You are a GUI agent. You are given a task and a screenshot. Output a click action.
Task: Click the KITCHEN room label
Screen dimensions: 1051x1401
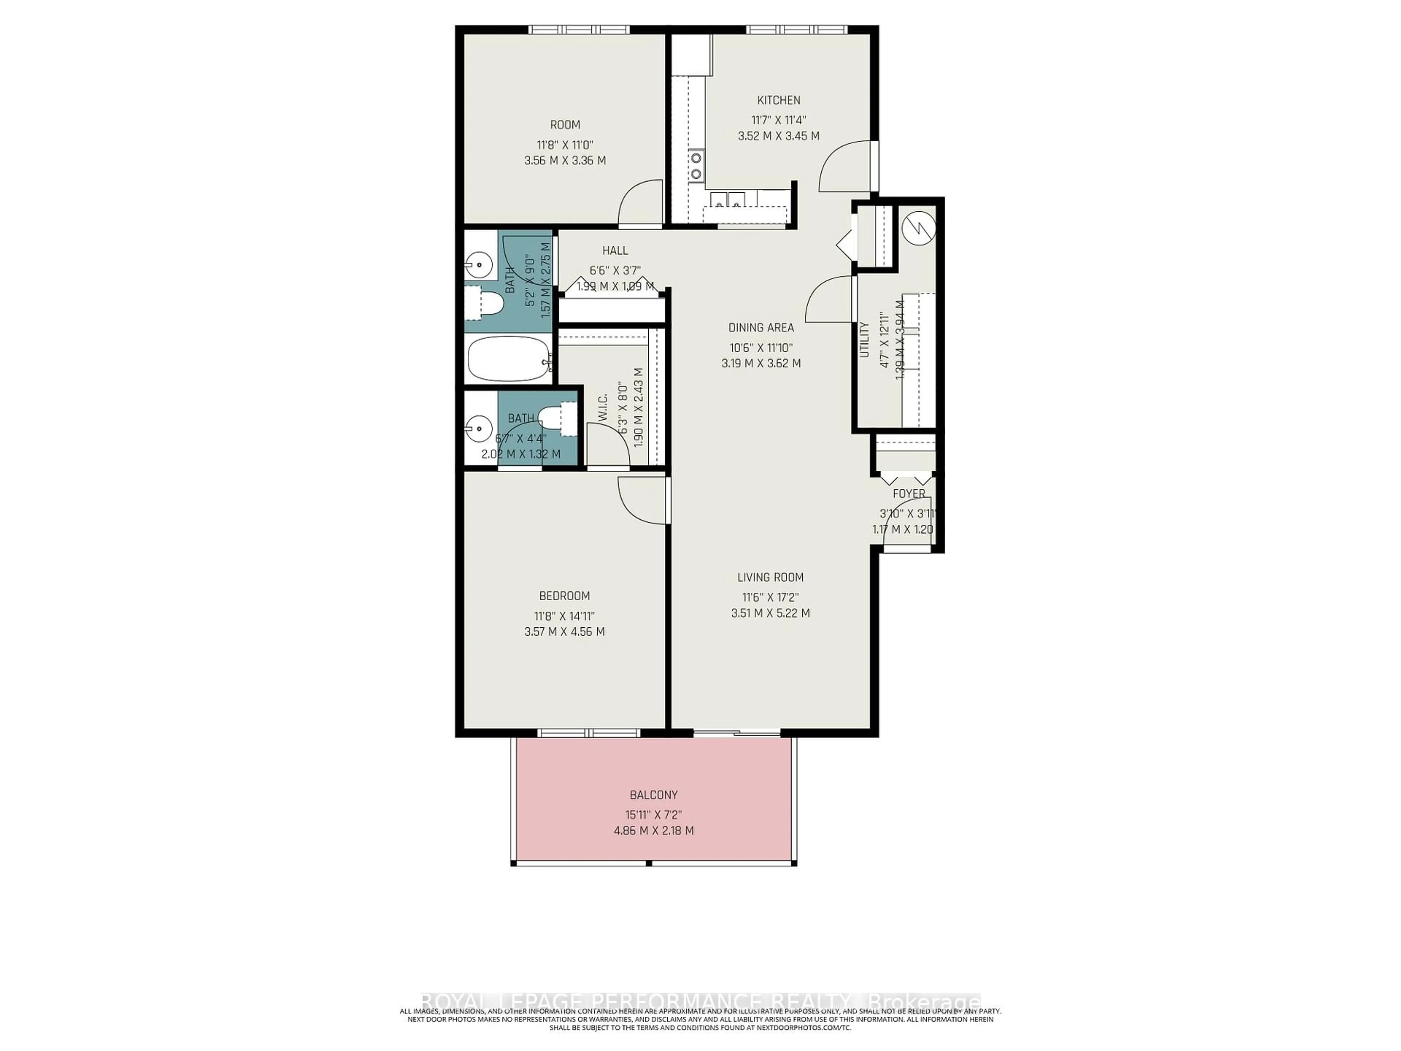tap(779, 100)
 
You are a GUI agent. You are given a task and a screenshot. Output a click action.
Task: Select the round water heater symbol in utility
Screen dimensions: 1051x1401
tap(918, 228)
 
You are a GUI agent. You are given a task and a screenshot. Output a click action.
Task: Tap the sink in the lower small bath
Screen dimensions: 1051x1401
tap(479, 429)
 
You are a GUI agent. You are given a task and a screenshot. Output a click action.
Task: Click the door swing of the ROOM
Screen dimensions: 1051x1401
tap(640, 203)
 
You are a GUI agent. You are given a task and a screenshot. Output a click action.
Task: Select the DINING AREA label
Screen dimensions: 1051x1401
tap(761, 328)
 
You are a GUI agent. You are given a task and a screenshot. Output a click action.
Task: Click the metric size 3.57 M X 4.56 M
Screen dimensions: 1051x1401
tap(564, 632)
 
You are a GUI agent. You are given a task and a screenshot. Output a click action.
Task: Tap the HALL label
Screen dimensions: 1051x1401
tap(615, 251)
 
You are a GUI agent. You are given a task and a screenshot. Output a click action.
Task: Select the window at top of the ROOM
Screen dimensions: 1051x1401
tap(579, 29)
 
